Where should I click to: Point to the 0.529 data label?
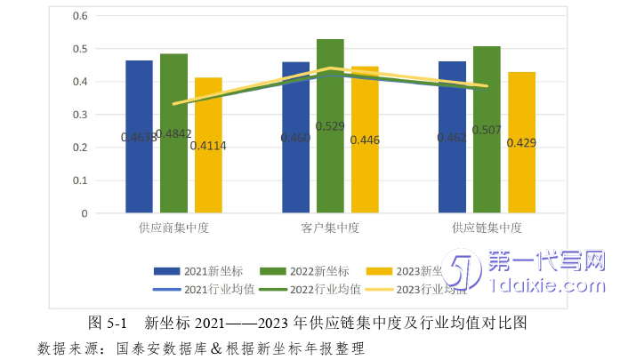(330, 127)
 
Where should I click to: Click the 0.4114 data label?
(208, 145)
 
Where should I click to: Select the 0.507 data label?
(487, 130)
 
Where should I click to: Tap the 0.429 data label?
(521, 142)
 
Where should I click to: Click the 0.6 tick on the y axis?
(79, 16)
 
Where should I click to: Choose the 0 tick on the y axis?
(85, 213)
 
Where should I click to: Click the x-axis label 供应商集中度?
(173, 228)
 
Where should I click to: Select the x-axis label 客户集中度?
(330, 228)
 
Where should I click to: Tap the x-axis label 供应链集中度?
(487, 228)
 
